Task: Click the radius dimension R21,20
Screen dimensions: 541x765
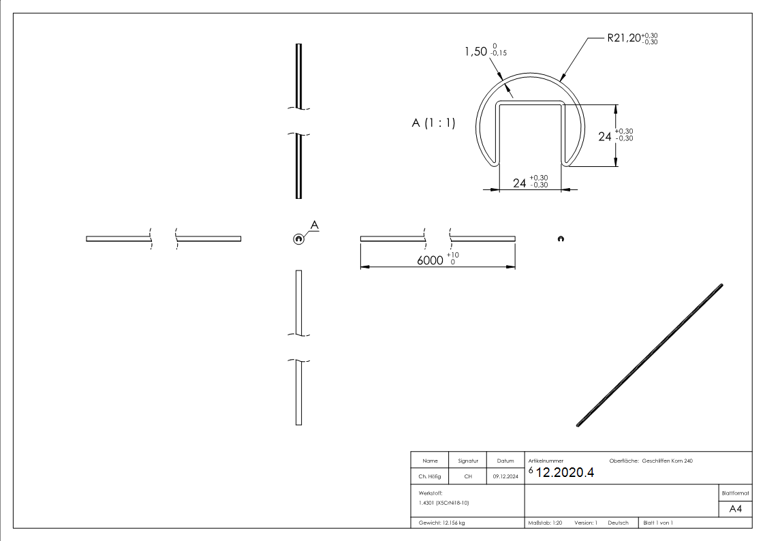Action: (x=624, y=39)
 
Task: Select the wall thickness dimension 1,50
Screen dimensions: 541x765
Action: (x=476, y=52)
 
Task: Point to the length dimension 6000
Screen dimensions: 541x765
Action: (x=431, y=260)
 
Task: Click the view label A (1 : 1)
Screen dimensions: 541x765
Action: (x=433, y=123)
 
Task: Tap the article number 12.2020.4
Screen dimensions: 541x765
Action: (x=565, y=474)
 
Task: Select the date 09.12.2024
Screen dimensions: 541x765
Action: (x=505, y=477)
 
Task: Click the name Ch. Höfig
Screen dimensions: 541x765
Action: (x=430, y=477)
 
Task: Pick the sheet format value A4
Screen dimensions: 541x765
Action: (x=736, y=509)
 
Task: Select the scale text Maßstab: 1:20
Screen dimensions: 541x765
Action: (x=545, y=523)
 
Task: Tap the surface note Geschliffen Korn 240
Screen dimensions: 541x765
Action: (x=667, y=461)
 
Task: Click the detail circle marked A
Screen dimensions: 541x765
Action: (x=298, y=238)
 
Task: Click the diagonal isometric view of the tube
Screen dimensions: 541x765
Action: (x=649, y=355)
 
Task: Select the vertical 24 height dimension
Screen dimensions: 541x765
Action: (x=605, y=136)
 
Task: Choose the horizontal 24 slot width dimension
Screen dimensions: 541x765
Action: (x=520, y=183)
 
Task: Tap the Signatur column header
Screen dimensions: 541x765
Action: (x=468, y=461)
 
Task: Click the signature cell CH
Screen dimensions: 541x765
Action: (x=468, y=477)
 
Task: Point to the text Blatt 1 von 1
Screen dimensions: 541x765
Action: (x=657, y=523)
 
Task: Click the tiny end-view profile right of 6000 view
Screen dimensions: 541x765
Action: (x=560, y=238)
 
